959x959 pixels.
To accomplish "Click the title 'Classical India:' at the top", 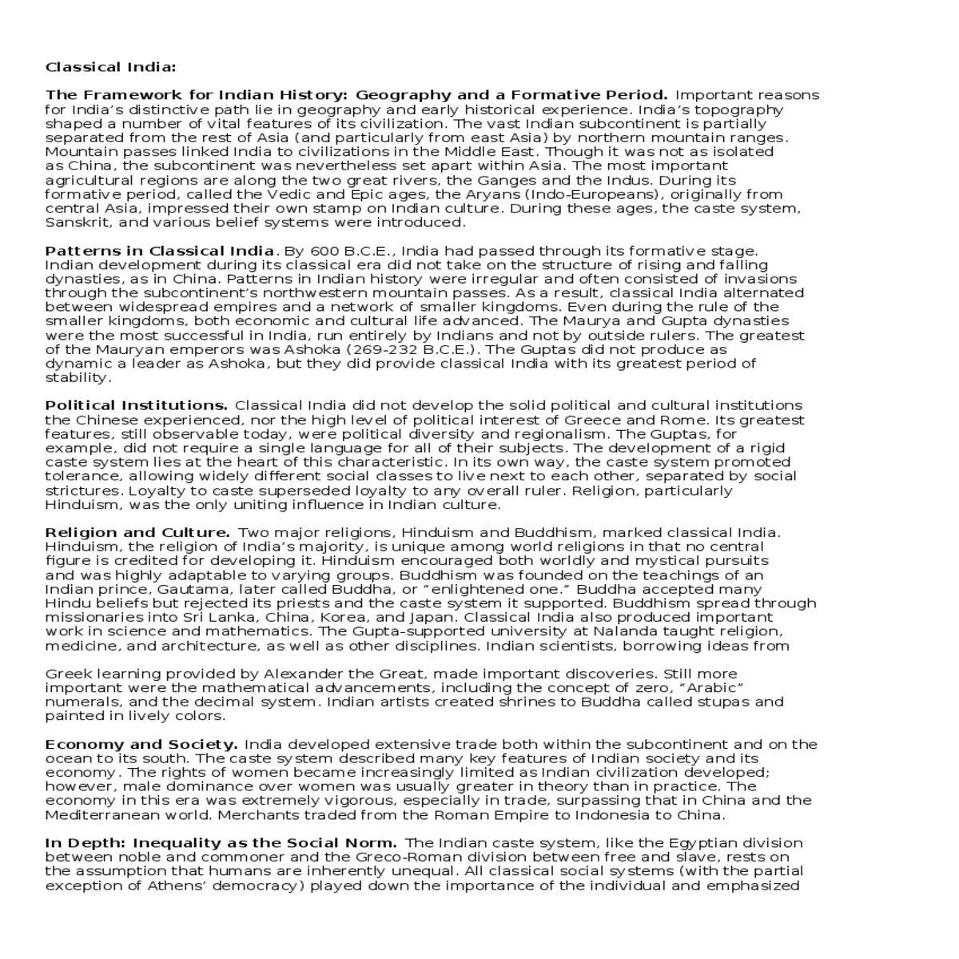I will [x=110, y=66].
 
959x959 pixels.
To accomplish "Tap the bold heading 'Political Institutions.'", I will [x=137, y=405].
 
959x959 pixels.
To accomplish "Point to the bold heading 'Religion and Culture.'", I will [x=137, y=532].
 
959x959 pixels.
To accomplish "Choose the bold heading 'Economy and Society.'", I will [x=141, y=744].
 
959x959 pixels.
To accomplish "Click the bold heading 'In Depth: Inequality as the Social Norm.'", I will [x=221, y=842].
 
